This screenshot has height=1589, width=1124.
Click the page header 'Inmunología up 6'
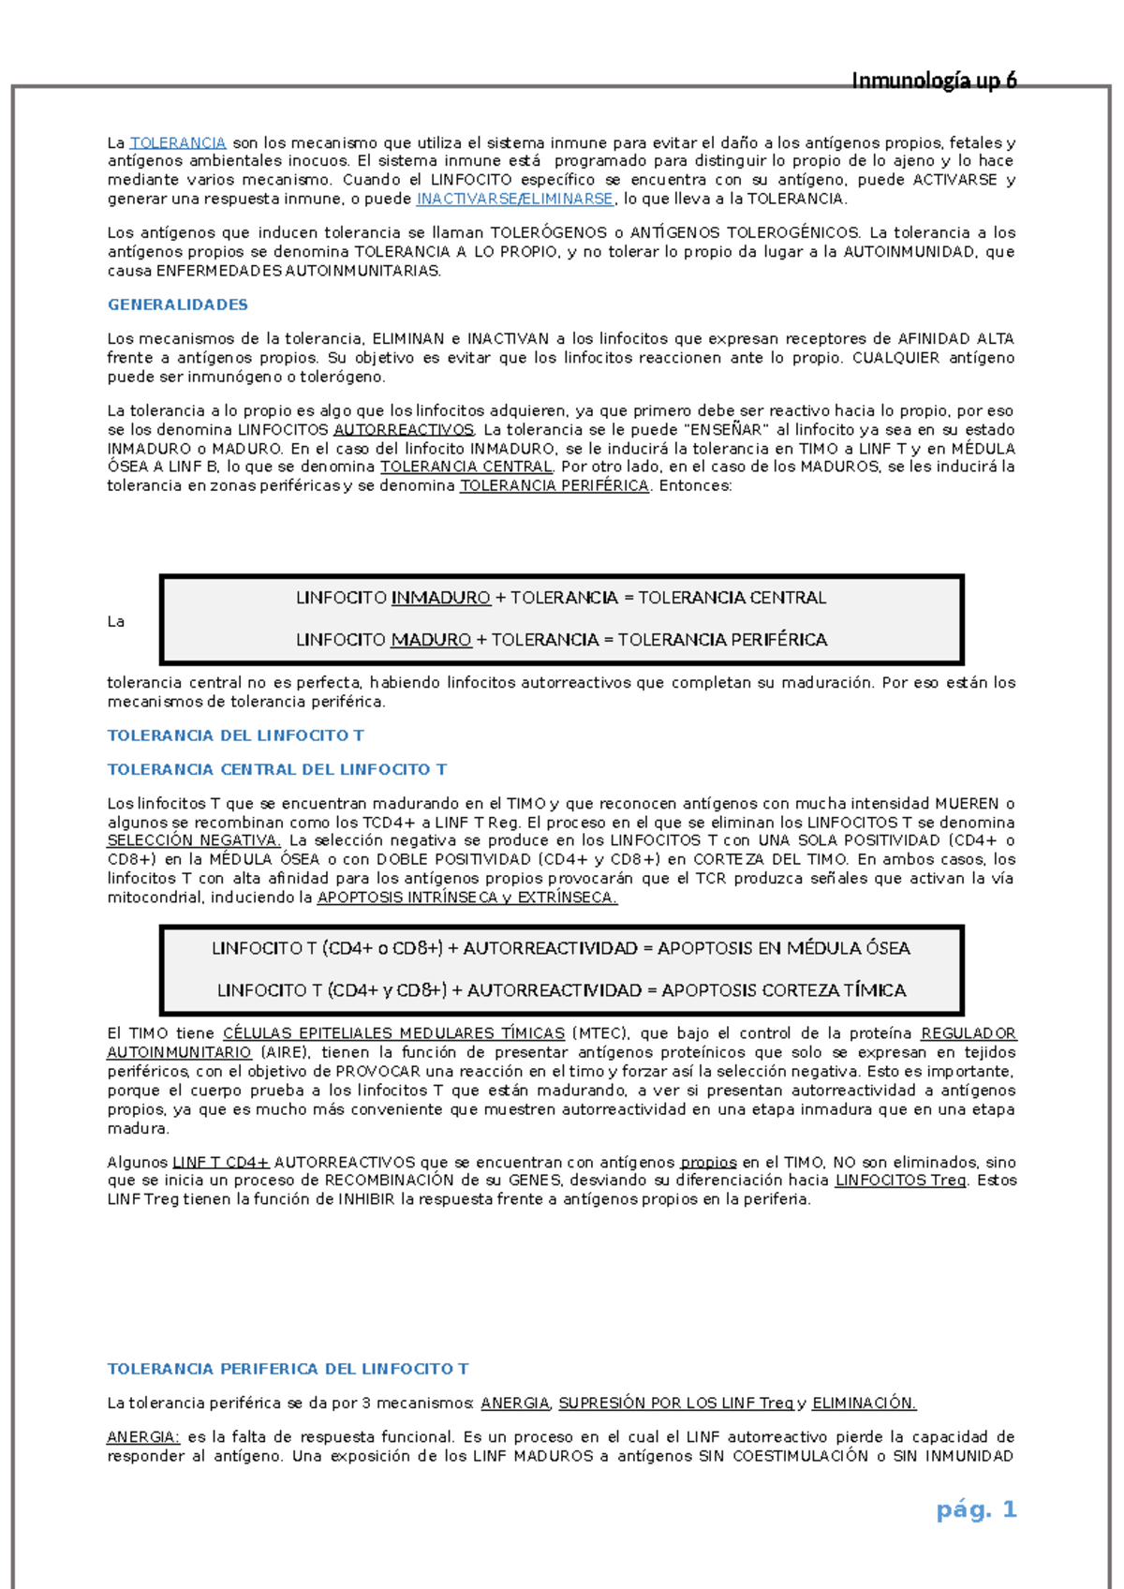point(934,81)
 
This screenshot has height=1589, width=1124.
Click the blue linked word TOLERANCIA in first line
point(178,142)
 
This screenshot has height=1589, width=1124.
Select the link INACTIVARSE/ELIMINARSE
point(515,199)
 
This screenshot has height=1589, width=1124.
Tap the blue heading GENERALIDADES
point(178,304)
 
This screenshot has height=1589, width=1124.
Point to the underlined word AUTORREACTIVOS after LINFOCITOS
point(404,429)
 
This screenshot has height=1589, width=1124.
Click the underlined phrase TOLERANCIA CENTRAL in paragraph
point(466,467)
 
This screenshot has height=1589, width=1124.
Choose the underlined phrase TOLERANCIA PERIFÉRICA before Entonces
point(555,485)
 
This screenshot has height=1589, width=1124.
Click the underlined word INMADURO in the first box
point(440,598)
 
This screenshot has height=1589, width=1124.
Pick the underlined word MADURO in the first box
point(431,640)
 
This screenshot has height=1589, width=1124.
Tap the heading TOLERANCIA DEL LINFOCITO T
point(236,735)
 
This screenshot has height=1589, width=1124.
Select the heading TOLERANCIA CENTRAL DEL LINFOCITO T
point(277,769)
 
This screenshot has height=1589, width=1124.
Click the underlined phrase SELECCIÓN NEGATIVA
point(193,840)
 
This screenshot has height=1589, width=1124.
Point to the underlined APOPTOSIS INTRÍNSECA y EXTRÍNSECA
point(466,898)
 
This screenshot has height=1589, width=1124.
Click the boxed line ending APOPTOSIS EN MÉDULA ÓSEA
point(561,948)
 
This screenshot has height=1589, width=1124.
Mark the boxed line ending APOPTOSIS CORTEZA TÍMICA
point(561,990)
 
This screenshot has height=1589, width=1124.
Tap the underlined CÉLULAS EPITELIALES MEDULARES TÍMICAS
point(393,1033)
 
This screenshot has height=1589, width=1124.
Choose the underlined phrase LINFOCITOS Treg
point(900,1181)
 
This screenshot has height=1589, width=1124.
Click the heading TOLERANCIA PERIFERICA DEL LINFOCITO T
point(288,1369)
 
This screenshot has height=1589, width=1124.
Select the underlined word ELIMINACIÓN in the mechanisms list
point(864,1403)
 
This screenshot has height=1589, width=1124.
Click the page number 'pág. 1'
point(976,1509)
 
